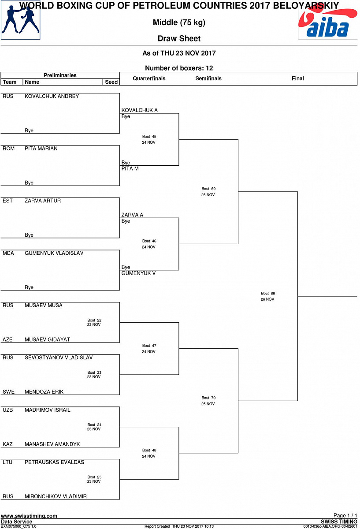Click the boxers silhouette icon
(20, 20)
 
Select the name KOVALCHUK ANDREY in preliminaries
(52, 96)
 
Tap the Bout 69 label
(208, 189)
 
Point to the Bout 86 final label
(268, 293)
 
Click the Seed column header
(111, 82)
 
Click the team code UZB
(8, 410)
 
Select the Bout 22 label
(94, 320)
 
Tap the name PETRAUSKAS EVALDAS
(54, 462)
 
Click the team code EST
(7, 201)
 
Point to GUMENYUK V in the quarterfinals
(139, 273)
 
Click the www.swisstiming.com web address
(29, 516)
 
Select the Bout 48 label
(149, 450)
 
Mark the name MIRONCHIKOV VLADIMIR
(56, 496)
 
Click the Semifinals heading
(208, 78)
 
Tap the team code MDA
(8, 253)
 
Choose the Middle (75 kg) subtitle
(179, 22)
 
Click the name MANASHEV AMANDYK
(52, 444)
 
